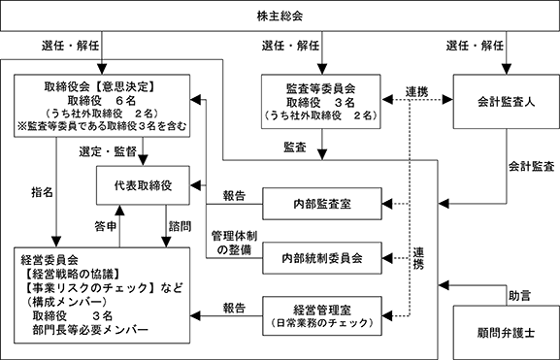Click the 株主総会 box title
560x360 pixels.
pos(280,16)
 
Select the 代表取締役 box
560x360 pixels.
pos(143,185)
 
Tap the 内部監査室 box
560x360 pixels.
pos(322,204)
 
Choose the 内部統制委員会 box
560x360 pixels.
pos(322,258)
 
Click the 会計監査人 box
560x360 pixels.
pos(506,102)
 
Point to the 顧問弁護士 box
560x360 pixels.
pos(506,333)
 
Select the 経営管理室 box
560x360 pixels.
pos(322,315)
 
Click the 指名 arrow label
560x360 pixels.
pos(42,192)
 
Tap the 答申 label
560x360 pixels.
pos(106,226)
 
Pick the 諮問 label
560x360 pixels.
pos(180,226)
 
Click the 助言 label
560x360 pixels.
pos(519,296)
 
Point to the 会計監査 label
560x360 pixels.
pos(531,167)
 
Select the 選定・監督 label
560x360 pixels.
pos(108,151)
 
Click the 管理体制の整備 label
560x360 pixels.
pos(234,243)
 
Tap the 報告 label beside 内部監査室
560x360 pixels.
pos(234,196)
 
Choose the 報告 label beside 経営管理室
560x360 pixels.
pos(234,308)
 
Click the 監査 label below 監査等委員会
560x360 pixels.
pos(295,147)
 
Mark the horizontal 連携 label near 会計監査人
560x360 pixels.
pos(416,92)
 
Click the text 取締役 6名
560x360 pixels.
pos(102,100)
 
